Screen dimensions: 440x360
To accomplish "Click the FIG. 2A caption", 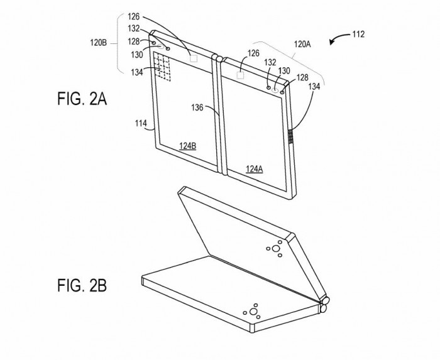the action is pyautogui.click(x=82, y=99).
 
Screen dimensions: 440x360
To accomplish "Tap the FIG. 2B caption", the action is pyautogui.click(x=82, y=285).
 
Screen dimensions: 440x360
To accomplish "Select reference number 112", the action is pyautogui.click(x=358, y=34).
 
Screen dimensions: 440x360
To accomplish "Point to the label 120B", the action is pyautogui.click(x=98, y=43).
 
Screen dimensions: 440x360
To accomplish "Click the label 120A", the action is pyautogui.click(x=302, y=44).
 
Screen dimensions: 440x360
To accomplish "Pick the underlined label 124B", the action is pyautogui.click(x=188, y=146).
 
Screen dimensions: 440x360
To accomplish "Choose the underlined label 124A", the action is pyautogui.click(x=254, y=169).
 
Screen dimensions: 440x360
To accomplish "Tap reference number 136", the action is pyautogui.click(x=197, y=107).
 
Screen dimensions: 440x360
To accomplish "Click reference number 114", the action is pyautogui.click(x=141, y=123).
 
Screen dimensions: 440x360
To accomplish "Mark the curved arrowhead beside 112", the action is pyautogui.click(x=333, y=42).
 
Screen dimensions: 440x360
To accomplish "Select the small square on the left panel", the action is pyautogui.click(x=194, y=58).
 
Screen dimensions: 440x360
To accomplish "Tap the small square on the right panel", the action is pyautogui.click(x=241, y=75).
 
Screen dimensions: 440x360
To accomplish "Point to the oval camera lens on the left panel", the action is pyautogui.click(x=161, y=47).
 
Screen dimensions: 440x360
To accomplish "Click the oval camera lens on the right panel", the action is pyautogui.click(x=275, y=90).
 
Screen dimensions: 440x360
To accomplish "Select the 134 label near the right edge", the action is pyautogui.click(x=314, y=86).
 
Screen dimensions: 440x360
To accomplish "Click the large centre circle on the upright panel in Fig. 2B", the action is pyautogui.click(x=276, y=248).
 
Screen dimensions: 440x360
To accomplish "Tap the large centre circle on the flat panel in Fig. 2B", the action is pyautogui.click(x=253, y=312).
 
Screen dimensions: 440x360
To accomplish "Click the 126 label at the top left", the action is pyautogui.click(x=133, y=17).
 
